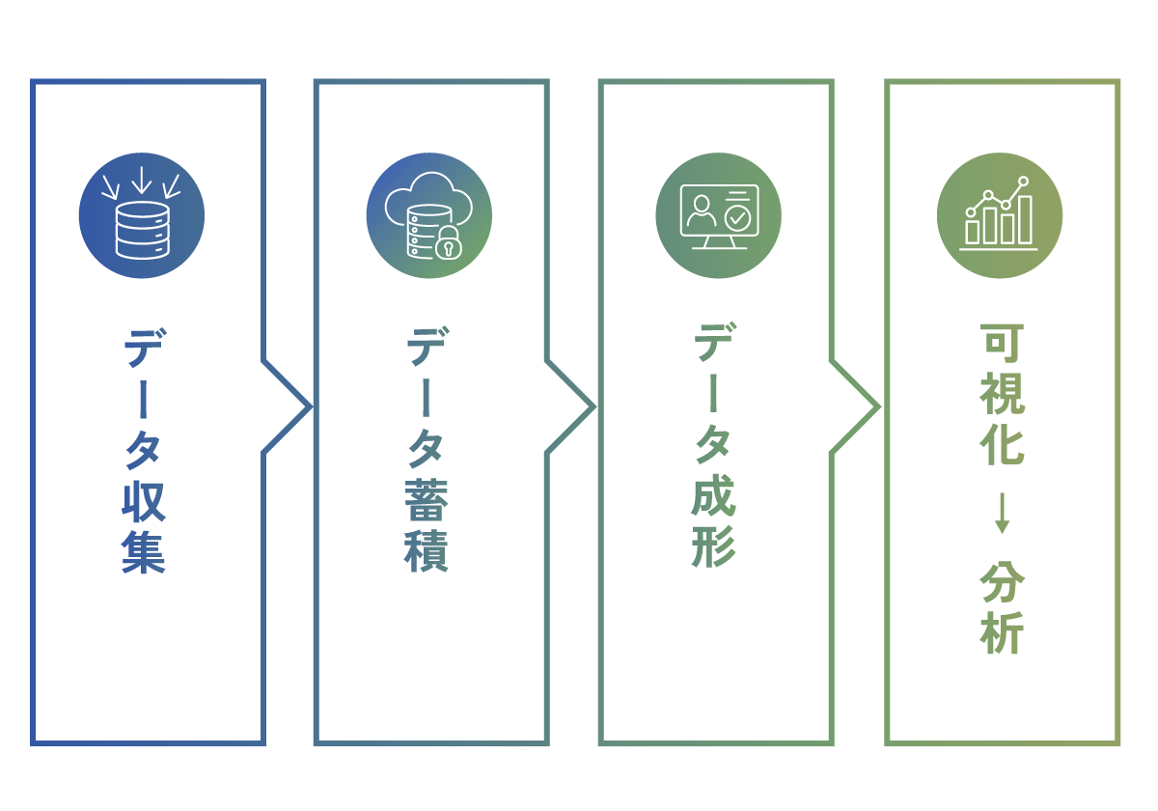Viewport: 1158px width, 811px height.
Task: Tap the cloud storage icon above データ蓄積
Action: pos(429,215)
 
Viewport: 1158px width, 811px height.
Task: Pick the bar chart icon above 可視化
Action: pos(1000,215)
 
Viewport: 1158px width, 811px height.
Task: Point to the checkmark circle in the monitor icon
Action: pos(738,218)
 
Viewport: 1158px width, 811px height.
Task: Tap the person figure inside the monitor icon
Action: pos(700,211)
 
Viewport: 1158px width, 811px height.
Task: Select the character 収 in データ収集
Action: pos(144,502)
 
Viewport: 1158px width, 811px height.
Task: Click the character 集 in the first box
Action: pos(144,552)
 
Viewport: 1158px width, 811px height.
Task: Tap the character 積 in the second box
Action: pos(427,552)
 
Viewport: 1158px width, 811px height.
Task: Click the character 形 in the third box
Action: pos(714,547)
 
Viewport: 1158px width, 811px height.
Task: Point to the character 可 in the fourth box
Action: pos(1002,345)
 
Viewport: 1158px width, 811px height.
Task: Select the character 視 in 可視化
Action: pos(1002,393)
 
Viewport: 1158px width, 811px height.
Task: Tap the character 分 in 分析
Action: pos(1002,582)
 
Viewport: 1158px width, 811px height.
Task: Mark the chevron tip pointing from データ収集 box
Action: pos(309,406)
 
